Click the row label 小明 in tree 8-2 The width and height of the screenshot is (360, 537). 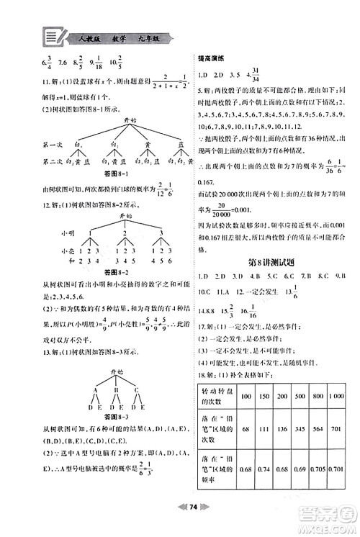point(69,233)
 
